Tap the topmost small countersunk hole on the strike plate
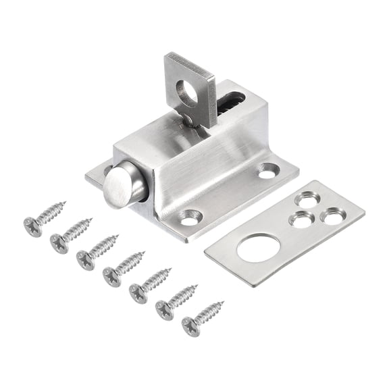click(308, 201)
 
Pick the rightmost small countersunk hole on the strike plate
click(331, 217)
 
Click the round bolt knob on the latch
click(121, 184)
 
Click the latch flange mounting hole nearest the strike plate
click(267, 172)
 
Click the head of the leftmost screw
click(31, 226)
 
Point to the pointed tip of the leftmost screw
click(64, 203)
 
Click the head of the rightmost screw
click(190, 327)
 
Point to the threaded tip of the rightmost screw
click(222, 303)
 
